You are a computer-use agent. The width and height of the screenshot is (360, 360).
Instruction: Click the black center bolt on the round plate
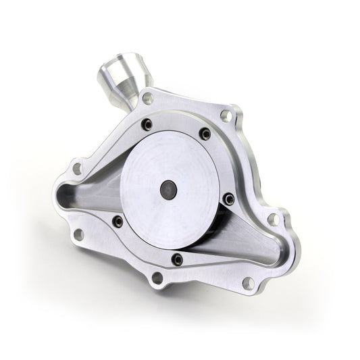click(168, 189)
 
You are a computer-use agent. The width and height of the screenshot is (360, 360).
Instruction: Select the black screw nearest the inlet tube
click(147, 125)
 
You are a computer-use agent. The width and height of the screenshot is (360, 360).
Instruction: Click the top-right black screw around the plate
click(205, 134)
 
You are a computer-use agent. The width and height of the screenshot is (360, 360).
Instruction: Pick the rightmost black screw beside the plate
click(229, 199)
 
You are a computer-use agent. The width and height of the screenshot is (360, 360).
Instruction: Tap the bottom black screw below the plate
click(177, 259)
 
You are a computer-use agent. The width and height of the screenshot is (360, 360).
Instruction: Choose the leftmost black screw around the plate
click(118, 221)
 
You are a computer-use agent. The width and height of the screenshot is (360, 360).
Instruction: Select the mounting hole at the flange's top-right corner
click(226, 115)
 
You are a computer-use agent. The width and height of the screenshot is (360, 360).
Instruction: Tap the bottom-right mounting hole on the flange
click(248, 283)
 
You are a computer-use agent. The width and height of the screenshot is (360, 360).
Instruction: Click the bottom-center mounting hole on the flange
click(157, 277)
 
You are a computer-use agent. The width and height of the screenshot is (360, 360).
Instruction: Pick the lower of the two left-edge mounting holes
click(78, 234)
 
